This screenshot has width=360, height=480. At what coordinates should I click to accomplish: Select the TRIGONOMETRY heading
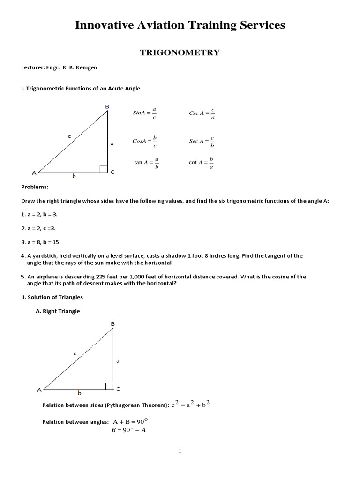(180, 52)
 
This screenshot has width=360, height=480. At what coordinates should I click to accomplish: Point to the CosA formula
(144, 141)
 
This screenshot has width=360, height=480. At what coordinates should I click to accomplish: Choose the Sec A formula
(202, 141)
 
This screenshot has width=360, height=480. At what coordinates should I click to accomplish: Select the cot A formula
(202, 163)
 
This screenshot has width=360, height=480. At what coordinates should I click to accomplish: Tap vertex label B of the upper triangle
(107, 107)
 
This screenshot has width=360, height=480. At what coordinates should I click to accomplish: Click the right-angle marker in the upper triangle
(104, 169)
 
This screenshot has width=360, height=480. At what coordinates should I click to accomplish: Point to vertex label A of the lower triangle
(39, 390)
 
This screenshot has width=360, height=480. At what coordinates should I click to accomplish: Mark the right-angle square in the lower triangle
(109, 386)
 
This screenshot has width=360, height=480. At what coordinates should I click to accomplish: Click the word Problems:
(35, 187)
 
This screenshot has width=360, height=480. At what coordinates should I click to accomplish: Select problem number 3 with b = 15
(41, 242)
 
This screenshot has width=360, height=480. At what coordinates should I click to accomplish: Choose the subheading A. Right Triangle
(58, 311)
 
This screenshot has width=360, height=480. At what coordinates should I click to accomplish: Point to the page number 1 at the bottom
(180, 451)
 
